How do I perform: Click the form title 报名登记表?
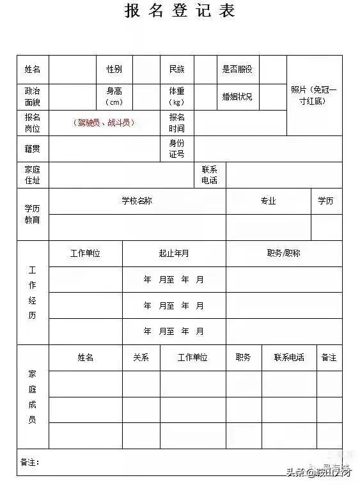point(180,11)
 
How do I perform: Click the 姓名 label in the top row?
point(33,69)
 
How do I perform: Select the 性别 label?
point(114,69)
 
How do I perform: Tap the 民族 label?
point(176,69)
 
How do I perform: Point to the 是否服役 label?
point(237,69)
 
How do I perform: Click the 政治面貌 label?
point(33,96)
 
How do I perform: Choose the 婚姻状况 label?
point(237,96)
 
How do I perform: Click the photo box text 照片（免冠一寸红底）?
point(313,96)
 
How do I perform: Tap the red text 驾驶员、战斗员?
point(104,123)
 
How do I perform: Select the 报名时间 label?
point(176,123)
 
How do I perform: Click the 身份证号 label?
point(176,149)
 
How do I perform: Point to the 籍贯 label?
point(33,149)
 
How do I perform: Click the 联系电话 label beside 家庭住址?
point(209,175)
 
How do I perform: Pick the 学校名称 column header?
point(137,201)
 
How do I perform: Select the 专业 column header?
point(268,201)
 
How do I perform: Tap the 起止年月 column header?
point(173,253)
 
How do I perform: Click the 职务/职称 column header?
point(283,253)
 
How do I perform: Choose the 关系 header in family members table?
point(141,358)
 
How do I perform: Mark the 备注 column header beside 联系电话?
point(329,358)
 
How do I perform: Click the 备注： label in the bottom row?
point(30,461)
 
